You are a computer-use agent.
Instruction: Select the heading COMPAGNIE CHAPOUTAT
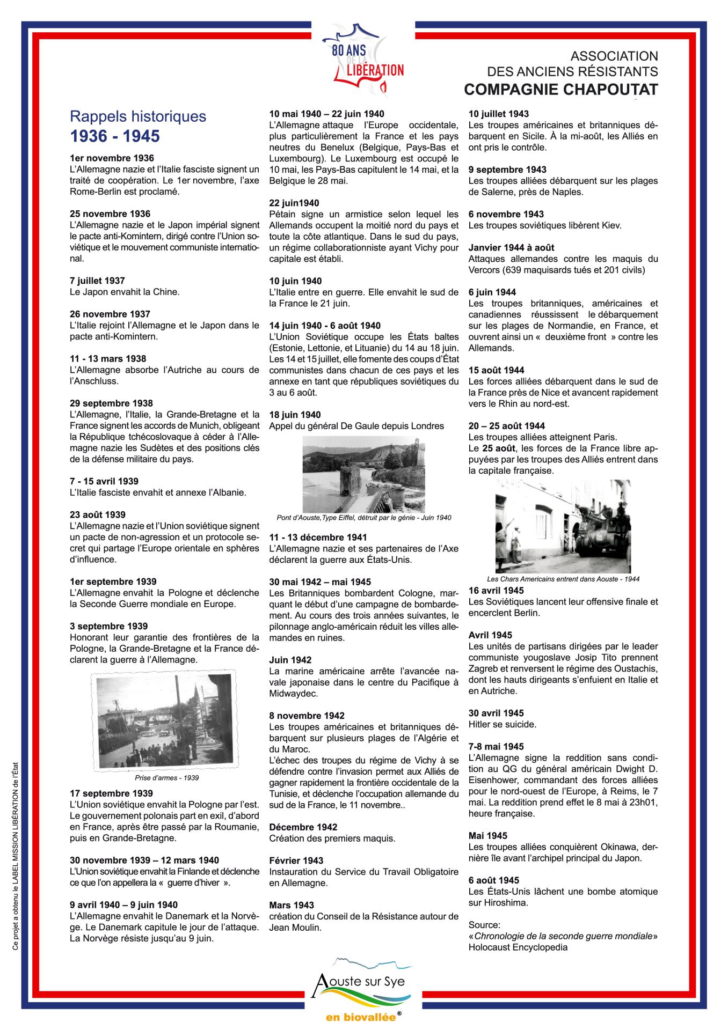(x=560, y=90)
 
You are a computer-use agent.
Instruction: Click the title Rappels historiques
(x=138, y=116)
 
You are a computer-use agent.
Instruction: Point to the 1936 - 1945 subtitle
(x=115, y=136)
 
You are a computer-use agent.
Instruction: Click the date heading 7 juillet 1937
(x=97, y=281)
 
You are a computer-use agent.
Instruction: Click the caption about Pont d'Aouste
(x=363, y=518)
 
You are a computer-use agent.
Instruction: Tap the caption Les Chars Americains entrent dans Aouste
(x=563, y=579)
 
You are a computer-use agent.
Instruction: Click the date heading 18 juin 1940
(x=295, y=415)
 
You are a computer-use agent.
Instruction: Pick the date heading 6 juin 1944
(x=492, y=292)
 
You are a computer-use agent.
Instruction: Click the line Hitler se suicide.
(x=502, y=724)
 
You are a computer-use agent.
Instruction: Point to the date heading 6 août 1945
(x=493, y=880)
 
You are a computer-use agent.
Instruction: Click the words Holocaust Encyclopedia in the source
(x=518, y=947)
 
